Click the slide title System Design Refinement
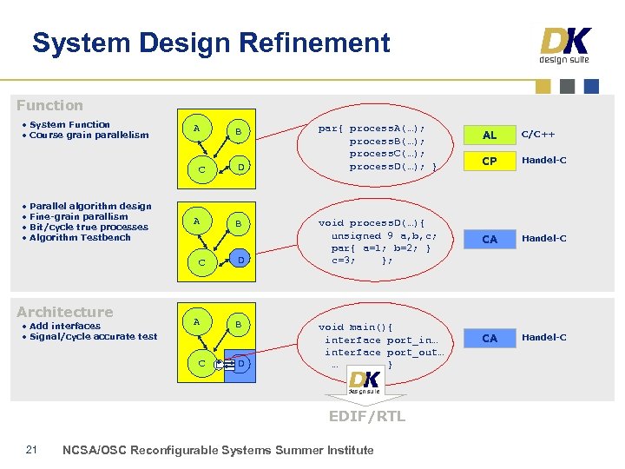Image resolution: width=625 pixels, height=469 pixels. click(x=211, y=43)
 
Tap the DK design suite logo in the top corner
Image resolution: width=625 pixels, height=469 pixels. click(x=565, y=46)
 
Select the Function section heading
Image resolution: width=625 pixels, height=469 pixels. click(x=49, y=105)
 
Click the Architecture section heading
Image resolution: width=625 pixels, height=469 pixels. click(x=65, y=312)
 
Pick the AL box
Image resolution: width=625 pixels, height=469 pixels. click(x=490, y=135)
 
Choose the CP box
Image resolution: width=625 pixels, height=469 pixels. click(x=490, y=161)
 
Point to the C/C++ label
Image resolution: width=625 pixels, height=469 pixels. click(x=538, y=135)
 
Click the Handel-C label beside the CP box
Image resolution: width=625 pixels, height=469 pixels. click(x=544, y=161)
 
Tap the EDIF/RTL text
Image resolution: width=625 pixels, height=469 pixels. click(x=366, y=416)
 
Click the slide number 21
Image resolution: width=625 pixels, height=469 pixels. click(x=31, y=449)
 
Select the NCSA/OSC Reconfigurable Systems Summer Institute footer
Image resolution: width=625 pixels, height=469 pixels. click(x=219, y=450)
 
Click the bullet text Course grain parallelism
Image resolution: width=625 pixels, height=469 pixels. click(x=89, y=135)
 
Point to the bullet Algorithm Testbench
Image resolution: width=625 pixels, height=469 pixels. click(x=80, y=237)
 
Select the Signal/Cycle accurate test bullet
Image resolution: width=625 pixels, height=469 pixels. click(x=93, y=336)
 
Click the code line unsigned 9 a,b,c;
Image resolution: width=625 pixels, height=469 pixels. click(x=384, y=235)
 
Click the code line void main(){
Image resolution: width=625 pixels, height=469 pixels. click(x=355, y=327)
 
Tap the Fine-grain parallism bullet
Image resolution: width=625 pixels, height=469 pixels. click(x=78, y=216)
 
